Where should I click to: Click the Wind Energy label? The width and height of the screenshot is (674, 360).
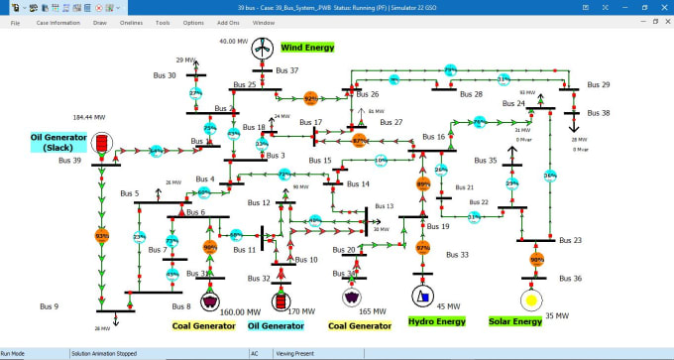click(x=307, y=47)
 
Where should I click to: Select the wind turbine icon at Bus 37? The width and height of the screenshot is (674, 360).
click(x=262, y=48)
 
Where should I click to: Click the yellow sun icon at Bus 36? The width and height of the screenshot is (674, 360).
click(x=531, y=300)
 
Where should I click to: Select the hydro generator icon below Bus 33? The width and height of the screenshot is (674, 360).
click(x=422, y=297)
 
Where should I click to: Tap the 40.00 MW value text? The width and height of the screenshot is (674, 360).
click(x=234, y=42)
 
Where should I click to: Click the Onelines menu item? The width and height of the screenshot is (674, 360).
click(x=130, y=22)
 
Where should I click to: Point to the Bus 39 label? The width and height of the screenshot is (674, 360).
click(x=71, y=160)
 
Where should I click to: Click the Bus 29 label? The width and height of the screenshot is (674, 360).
click(x=598, y=84)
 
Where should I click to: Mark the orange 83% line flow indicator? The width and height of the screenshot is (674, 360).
click(x=101, y=236)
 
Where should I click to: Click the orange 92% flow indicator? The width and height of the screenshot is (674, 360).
click(x=310, y=98)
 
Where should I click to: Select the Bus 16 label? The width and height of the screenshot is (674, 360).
click(x=434, y=137)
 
